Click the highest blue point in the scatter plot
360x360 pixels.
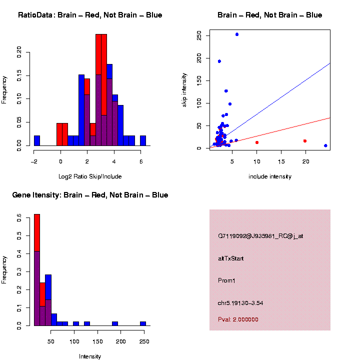(x=236, y=34)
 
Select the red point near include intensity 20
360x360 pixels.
(x=304, y=141)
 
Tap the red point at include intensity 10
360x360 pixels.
(x=257, y=142)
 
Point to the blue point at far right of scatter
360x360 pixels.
(x=325, y=145)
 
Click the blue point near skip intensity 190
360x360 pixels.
(x=219, y=61)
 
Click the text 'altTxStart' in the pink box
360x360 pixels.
(x=230, y=258)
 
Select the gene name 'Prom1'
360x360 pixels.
(x=226, y=280)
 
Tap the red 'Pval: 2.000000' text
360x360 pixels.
(x=238, y=319)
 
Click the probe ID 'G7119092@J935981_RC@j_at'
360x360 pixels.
(x=260, y=236)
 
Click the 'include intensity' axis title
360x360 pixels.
(x=269, y=176)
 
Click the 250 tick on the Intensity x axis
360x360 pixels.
(x=143, y=341)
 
